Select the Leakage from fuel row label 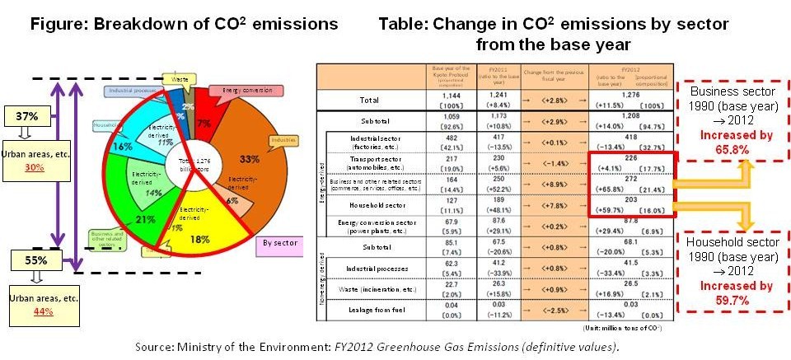click(368, 311)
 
